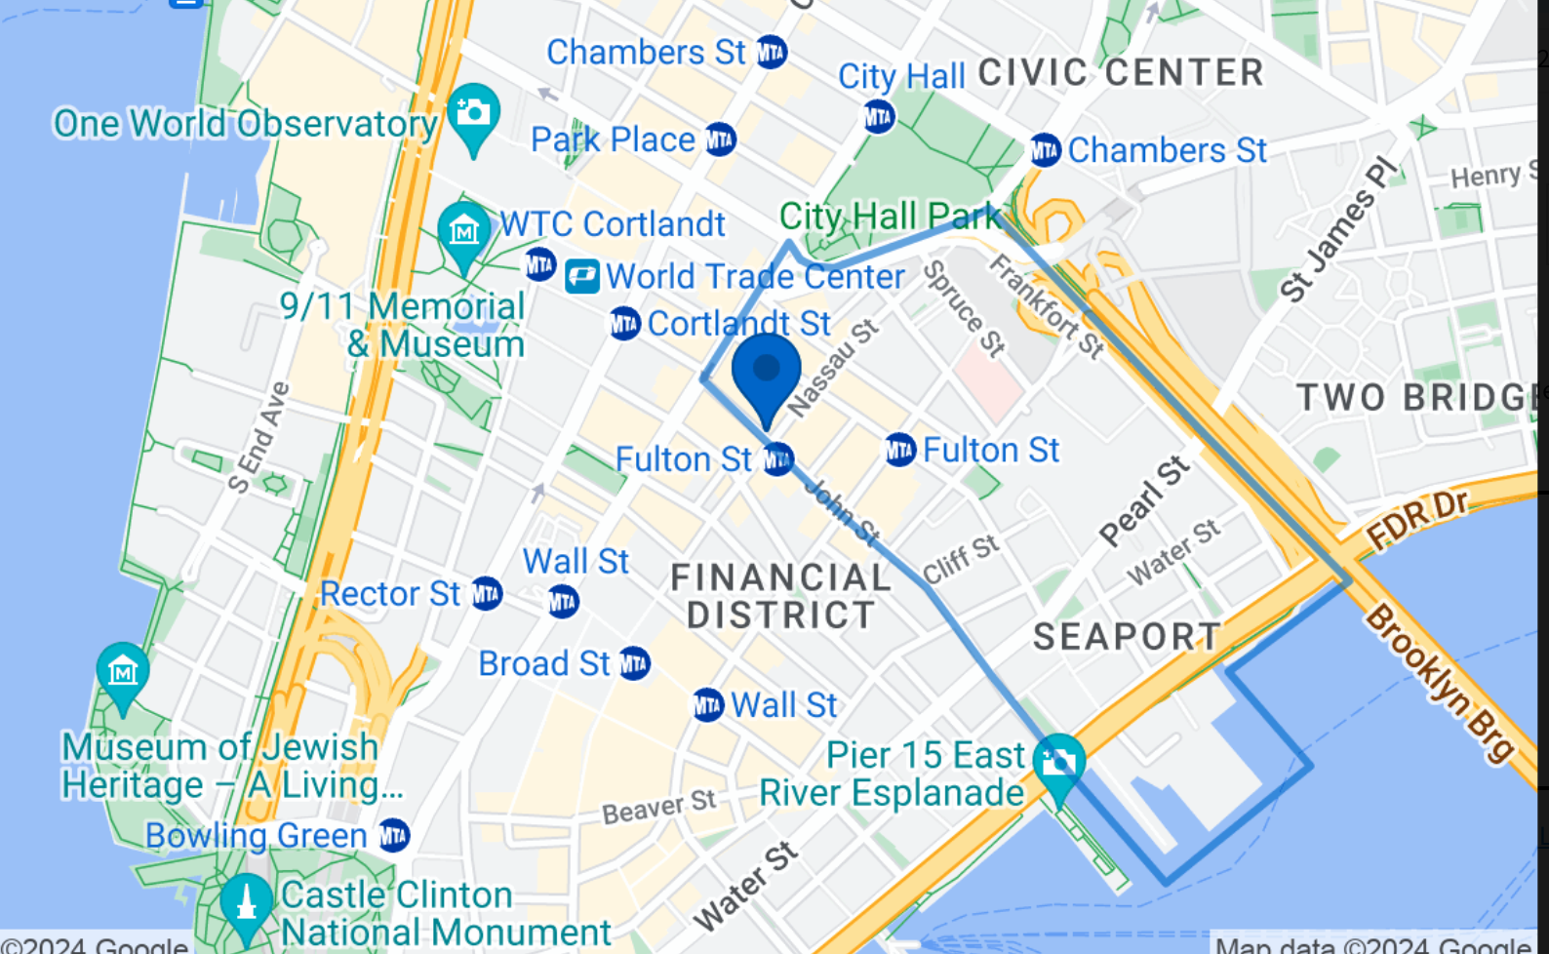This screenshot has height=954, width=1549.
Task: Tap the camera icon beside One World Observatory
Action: click(x=473, y=114)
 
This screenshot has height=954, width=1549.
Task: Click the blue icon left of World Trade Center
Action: click(x=582, y=277)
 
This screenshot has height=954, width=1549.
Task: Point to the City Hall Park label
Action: click(x=890, y=217)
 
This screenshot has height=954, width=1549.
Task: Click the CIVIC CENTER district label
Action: click(x=1121, y=73)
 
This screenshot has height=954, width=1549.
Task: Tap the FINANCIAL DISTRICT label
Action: click(x=780, y=596)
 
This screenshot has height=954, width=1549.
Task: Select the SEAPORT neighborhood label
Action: click(x=1127, y=637)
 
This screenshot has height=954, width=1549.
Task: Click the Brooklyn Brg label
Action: click(x=1440, y=682)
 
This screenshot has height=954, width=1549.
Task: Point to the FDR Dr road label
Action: click(x=1416, y=520)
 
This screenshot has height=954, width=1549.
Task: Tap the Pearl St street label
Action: click(x=1144, y=501)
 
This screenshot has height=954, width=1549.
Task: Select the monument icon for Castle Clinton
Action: click(x=246, y=902)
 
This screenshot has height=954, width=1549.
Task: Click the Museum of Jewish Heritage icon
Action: click(x=123, y=672)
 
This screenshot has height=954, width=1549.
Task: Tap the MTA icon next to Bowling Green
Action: click(x=393, y=836)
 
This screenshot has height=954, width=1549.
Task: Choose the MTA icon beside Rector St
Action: click(x=486, y=593)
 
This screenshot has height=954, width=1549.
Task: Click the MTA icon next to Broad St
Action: click(x=634, y=664)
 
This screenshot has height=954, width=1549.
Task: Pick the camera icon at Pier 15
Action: click(x=1059, y=762)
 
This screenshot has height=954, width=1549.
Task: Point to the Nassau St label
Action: click(x=833, y=368)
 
